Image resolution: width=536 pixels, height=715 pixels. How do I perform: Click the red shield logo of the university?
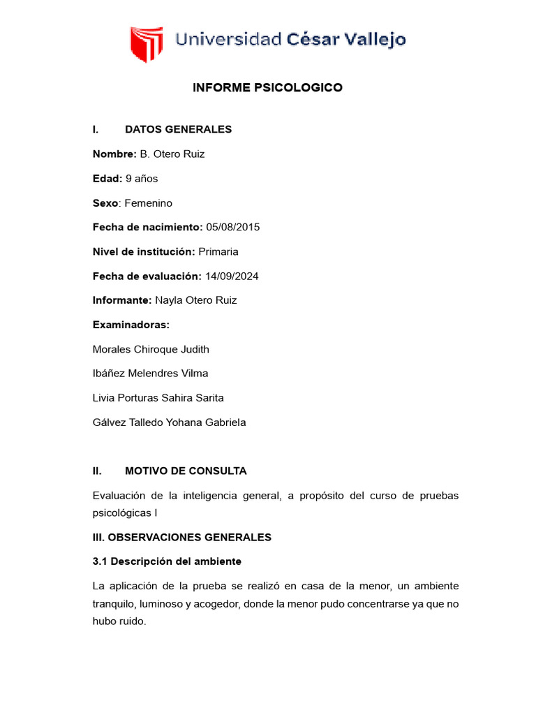(x=147, y=43)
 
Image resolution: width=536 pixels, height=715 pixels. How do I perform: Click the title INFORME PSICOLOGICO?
(x=267, y=88)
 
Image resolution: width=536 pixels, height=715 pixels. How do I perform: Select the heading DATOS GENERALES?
(x=178, y=129)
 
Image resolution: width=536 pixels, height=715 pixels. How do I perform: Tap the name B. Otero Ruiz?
(x=172, y=154)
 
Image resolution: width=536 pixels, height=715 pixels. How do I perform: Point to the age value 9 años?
(x=142, y=178)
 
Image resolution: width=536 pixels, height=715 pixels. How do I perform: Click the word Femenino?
(x=148, y=202)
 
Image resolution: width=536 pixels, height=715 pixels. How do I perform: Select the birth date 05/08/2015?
(x=232, y=227)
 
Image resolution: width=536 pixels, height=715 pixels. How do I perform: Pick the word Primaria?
(x=218, y=251)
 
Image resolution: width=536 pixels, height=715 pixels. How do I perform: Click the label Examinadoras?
(x=131, y=325)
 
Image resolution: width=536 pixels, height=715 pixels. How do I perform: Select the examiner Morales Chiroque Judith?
(x=151, y=349)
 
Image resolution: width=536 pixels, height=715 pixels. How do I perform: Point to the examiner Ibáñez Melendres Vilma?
(x=150, y=374)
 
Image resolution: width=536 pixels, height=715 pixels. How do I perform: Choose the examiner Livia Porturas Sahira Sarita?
(x=158, y=398)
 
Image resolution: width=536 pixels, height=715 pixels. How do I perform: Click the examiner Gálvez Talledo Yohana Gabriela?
(x=169, y=422)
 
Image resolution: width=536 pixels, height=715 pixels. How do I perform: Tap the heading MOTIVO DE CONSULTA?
(x=186, y=471)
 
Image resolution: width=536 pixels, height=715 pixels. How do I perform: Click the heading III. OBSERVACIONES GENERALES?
(x=181, y=538)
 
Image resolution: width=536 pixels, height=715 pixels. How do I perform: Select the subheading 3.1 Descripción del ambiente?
(x=167, y=561)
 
